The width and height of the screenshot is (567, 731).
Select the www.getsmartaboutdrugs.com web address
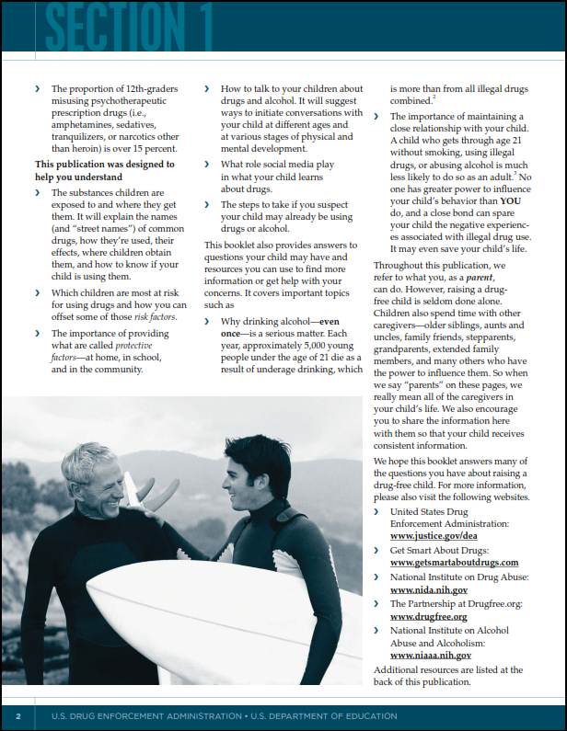pyautogui.click(x=454, y=562)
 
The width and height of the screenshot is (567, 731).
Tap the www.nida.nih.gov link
pyautogui.click(x=429, y=589)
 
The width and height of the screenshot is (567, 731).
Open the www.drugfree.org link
pyautogui.click(x=428, y=616)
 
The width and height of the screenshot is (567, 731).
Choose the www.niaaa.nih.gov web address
pyautogui.click(x=431, y=656)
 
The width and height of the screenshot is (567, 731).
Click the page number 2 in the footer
pyautogui.click(x=17, y=715)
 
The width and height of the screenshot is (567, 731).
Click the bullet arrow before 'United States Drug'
pyautogui.click(x=377, y=511)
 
